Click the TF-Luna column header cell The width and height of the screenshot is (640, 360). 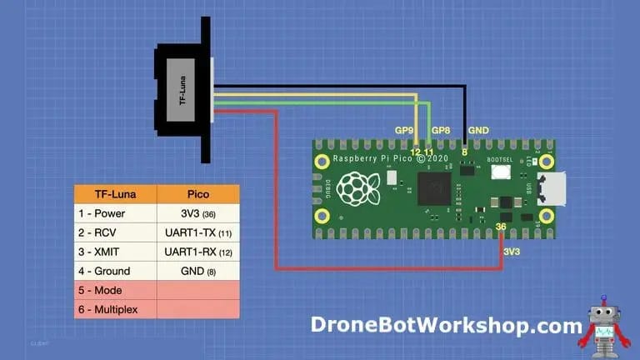coord(116,194)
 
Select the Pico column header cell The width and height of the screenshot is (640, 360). coord(198,194)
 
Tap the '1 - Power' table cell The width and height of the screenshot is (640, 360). coord(116,213)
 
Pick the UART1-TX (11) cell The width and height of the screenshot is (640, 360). coord(198,232)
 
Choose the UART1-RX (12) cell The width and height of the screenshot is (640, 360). coord(198,252)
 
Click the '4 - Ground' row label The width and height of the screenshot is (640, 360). coord(116,271)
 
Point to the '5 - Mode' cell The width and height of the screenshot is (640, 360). coord(116,290)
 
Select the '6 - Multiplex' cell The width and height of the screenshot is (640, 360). coord(116,309)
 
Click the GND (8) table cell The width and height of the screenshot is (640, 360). coord(198,271)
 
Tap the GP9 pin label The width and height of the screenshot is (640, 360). coord(404,131)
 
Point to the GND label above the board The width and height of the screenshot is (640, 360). coord(479,131)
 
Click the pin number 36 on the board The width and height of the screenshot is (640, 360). coord(500,226)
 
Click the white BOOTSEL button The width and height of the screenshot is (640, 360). coord(501,172)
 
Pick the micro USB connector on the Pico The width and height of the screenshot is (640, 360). coord(552,188)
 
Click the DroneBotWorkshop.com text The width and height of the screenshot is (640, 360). coord(447,324)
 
